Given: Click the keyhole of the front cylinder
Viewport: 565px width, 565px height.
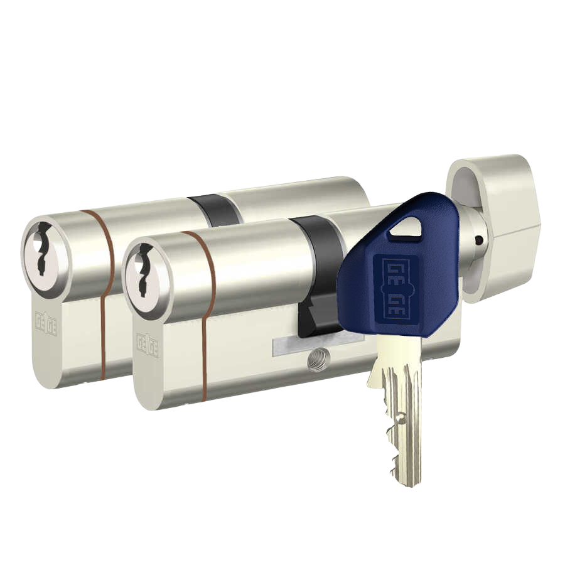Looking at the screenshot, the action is tap(143, 270).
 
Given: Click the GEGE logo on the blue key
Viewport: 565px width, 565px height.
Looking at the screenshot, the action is tap(395, 288).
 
